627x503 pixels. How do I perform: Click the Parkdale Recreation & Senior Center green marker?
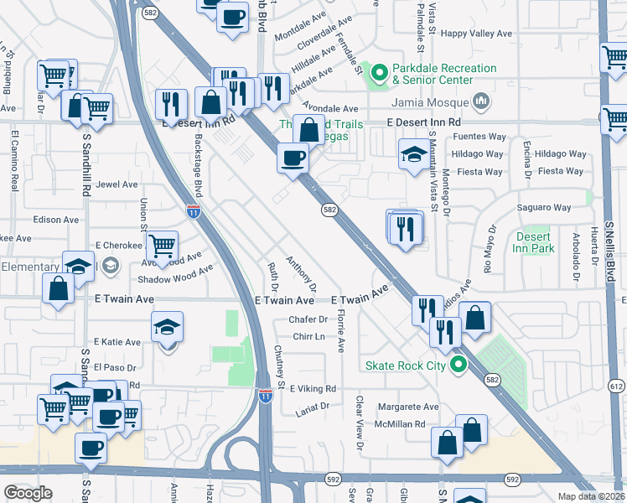[x=379, y=75]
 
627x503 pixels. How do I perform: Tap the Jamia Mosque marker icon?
[x=480, y=101]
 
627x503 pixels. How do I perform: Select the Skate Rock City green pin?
[x=457, y=365]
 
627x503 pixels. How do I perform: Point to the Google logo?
[x=28, y=493]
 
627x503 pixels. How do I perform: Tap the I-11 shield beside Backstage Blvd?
[x=194, y=212]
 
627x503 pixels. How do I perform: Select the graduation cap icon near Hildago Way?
[x=412, y=156]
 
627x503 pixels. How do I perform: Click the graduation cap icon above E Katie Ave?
[x=167, y=328]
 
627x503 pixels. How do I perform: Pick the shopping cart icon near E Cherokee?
[x=162, y=246]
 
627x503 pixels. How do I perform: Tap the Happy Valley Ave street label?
[x=476, y=34]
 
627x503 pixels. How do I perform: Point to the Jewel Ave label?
[x=117, y=184]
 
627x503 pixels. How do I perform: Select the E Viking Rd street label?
[x=310, y=389]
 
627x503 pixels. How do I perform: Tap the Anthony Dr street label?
[x=301, y=270]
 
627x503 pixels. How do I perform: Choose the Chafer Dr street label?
[x=307, y=319]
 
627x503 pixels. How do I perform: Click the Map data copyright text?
[x=591, y=496]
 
